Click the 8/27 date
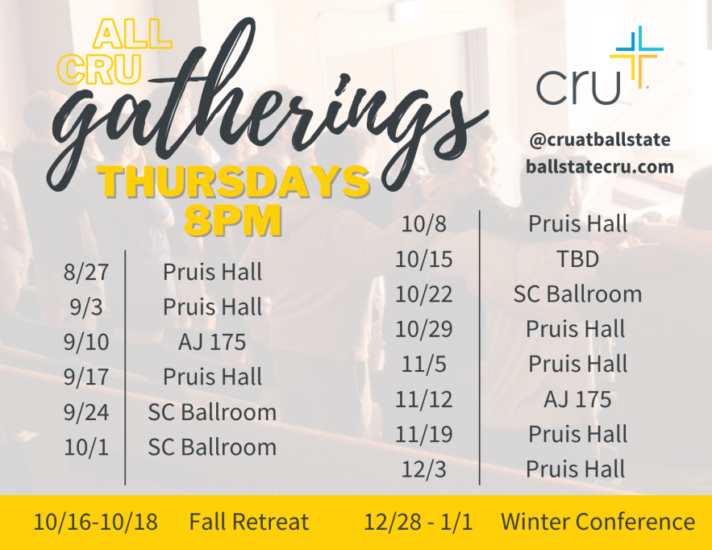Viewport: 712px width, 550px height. pyautogui.click(x=86, y=272)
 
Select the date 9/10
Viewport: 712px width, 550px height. pyautogui.click(x=86, y=342)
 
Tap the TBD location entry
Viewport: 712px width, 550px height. pyautogui.click(x=577, y=259)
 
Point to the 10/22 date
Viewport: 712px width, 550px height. pyautogui.click(x=423, y=294)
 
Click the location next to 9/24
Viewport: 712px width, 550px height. pyautogui.click(x=212, y=412)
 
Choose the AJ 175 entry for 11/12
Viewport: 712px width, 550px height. pyautogui.click(x=577, y=399)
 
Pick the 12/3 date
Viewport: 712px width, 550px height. pyautogui.click(x=423, y=469)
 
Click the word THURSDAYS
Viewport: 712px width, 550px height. pyautogui.click(x=234, y=181)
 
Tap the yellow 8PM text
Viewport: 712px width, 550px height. pyautogui.click(x=232, y=221)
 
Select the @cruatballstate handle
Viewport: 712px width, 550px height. pyautogui.click(x=599, y=140)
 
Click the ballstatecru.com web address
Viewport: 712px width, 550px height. pyautogui.click(x=599, y=167)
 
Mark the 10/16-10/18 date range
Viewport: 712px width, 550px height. pyautogui.click(x=96, y=522)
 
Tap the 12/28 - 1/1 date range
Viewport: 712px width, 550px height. pyautogui.click(x=418, y=522)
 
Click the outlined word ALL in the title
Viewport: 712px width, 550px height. pyautogui.click(x=132, y=34)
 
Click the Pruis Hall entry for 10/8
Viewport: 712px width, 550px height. pyautogui.click(x=577, y=224)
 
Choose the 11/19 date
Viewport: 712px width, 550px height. pyautogui.click(x=423, y=434)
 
